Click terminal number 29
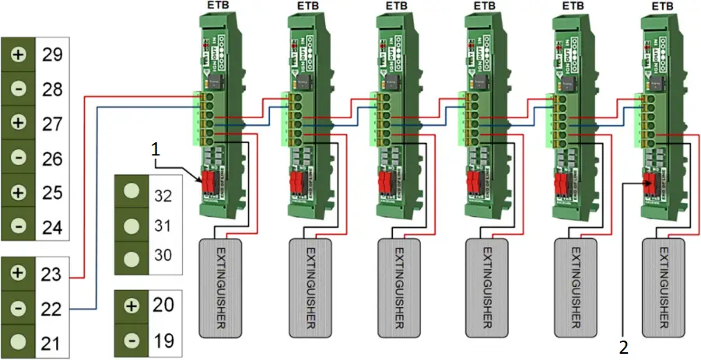coord(53,56)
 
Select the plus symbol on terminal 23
coord(18,274)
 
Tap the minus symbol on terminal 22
coord(18,308)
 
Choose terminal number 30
coord(163,257)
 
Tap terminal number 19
coord(163,340)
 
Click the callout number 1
coord(156,146)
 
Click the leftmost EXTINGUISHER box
coord(222,287)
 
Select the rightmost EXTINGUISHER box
coord(664,287)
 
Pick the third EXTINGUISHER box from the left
coord(398,287)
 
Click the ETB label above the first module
coord(219,7)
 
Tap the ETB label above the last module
coord(662,7)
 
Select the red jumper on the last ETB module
coord(647,184)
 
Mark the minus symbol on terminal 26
coord(18,159)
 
